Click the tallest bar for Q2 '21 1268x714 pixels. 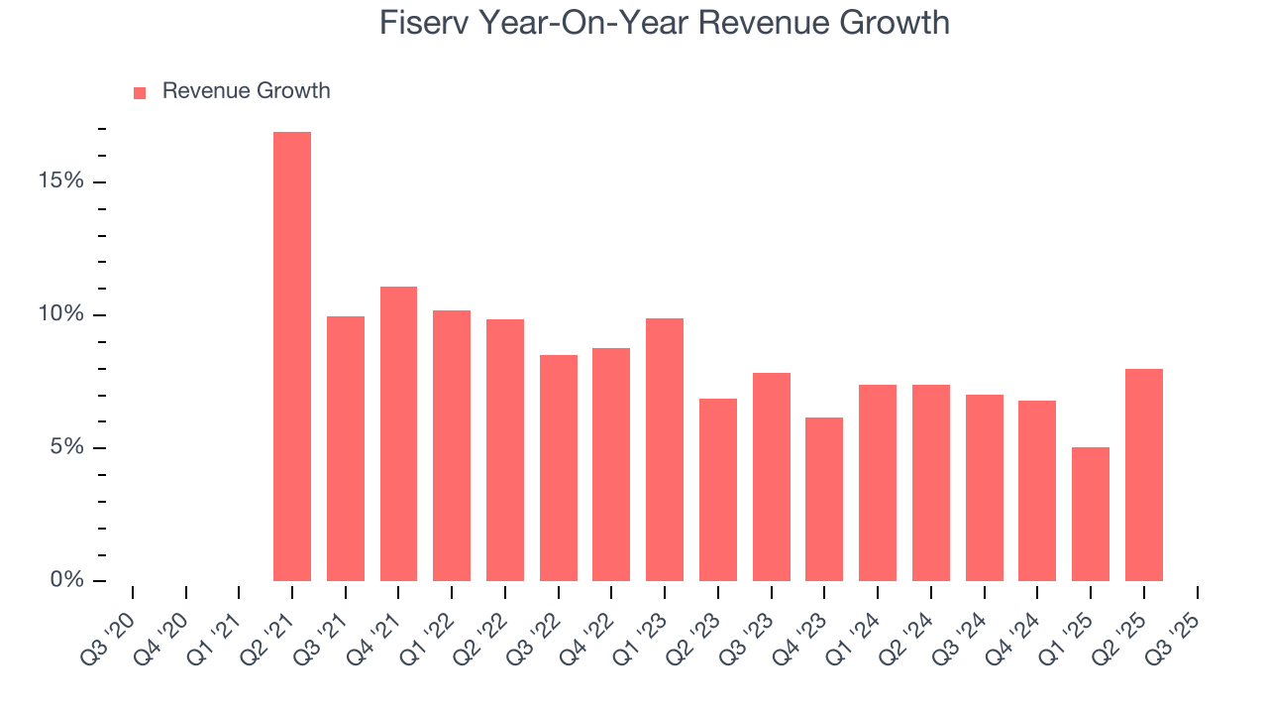[292, 357]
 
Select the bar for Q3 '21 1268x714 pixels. [346, 448]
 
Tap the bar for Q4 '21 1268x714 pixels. [398, 433]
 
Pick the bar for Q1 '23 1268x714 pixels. [665, 449]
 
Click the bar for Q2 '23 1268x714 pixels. [718, 490]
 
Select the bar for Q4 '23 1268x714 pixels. [824, 499]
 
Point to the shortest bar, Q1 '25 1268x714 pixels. [1091, 514]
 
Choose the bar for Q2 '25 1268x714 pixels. [1144, 475]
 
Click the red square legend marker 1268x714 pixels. [140, 92]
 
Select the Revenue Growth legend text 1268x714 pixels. [246, 91]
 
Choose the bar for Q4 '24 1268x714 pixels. [1037, 491]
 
